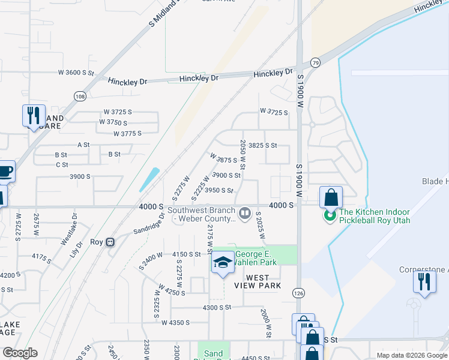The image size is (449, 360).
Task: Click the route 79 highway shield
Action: (315, 62)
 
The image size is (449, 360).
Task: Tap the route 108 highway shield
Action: (79, 96)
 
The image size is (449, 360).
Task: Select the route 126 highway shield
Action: (299, 292)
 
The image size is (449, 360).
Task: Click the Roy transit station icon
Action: (110, 242)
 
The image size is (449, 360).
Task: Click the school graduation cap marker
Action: (222, 263)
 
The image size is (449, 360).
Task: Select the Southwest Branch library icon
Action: (244, 213)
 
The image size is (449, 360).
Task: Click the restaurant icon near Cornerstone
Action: (424, 281)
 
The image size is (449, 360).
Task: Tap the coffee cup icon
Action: (5, 171)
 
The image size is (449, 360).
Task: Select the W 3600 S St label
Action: (76, 73)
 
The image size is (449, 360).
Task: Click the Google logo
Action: (20, 353)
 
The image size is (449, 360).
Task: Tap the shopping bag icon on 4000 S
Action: (331, 196)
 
